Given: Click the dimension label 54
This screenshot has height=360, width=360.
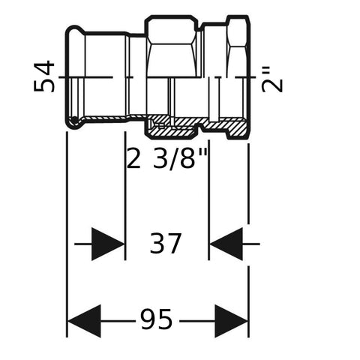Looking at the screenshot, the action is click(x=44, y=76).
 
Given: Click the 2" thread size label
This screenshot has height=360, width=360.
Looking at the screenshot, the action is click(x=272, y=79).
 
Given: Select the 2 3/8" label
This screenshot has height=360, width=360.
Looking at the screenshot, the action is click(x=167, y=158).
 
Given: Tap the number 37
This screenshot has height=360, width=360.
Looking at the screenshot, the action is click(x=165, y=243).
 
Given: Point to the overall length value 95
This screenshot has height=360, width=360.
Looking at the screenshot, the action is click(x=156, y=319).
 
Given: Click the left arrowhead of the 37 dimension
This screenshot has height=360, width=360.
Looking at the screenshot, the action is click(x=108, y=244).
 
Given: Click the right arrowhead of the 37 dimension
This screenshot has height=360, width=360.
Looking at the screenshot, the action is click(x=226, y=244).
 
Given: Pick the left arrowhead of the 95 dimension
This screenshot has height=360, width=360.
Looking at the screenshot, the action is click(x=84, y=321).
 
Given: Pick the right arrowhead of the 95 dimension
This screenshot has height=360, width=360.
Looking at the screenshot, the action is click(x=231, y=321).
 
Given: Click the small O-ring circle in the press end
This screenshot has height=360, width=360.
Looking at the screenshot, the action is click(x=74, y=121).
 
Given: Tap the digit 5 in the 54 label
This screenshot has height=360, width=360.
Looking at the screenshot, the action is click(x=44, y=84).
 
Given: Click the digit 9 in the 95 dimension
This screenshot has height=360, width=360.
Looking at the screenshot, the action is click(x=148, y=319).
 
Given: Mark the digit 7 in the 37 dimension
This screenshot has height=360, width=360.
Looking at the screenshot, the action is click(x=173, y=244).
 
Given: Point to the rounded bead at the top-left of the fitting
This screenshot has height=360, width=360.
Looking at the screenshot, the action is click(x=75, y=31).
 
